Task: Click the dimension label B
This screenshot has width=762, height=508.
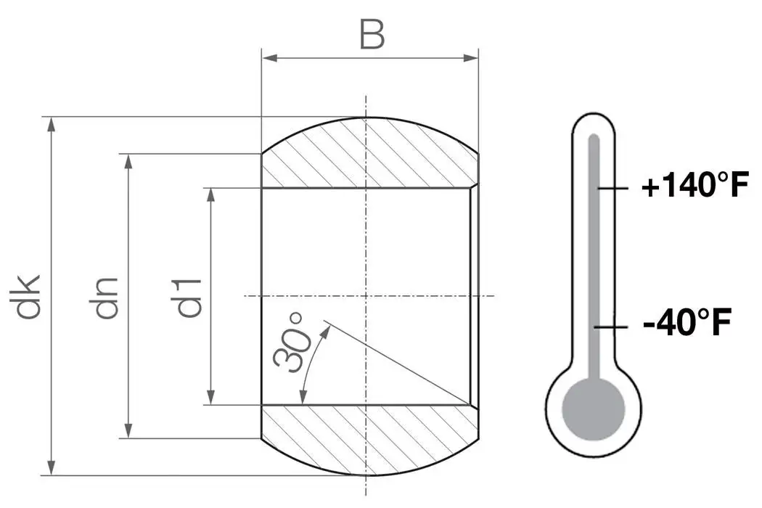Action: click(x=371, y=35)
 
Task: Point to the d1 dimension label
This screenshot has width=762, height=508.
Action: click(x=189, y=297)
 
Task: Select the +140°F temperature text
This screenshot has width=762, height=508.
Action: click(x=695, y=187)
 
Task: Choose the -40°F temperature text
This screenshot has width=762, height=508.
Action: click(x=686, y=323)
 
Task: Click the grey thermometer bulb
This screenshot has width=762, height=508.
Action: click(x=594, y=410)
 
